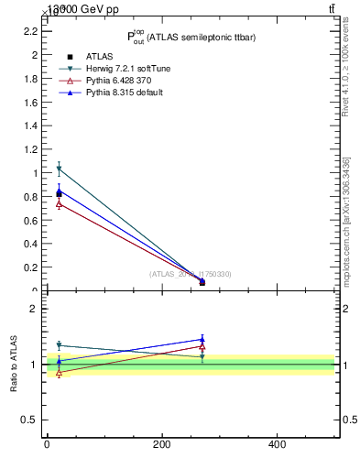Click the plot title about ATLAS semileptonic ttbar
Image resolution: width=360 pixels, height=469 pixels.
pyautogui.click(x=190, y=37)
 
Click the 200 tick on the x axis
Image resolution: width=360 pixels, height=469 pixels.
pyautogui.click(x=161, y=444)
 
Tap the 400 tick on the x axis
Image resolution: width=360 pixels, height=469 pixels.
pyautogui.click(x=277, y=444)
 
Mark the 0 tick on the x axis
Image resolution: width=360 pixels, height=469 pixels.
pyautogui.click(x=47, y=444)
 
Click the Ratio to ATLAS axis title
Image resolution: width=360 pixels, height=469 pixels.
pyautogui.click(x=15, y=365)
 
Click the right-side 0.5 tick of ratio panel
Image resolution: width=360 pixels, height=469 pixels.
pyautogui.click(x=349, y=420)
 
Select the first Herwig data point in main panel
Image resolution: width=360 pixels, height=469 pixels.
pyautogui.click(x=59, y=169)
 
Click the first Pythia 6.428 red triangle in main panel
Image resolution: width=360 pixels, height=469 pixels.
pyautogui.click(x=59, y=203)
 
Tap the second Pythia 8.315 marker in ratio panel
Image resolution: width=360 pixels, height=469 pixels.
pyautogui.click(x=202, y=339)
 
